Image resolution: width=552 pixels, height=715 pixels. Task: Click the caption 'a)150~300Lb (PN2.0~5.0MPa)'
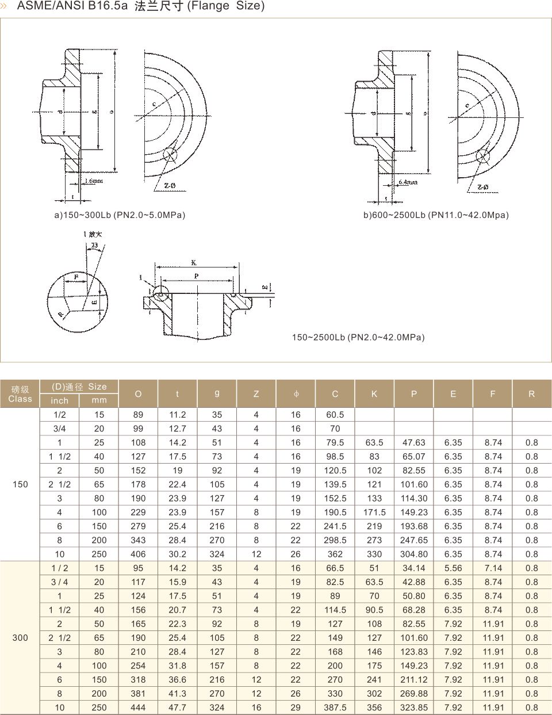120,215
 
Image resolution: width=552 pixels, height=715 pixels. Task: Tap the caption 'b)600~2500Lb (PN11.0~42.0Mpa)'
436,215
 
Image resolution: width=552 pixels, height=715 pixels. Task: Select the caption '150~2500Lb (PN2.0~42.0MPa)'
358,337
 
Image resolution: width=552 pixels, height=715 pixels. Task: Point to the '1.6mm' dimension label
94,181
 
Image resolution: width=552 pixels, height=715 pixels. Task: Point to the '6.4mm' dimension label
408,182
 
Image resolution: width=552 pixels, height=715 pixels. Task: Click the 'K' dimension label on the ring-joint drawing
194,263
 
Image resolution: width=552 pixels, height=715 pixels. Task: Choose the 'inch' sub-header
59,401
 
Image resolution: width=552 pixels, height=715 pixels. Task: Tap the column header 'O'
138,394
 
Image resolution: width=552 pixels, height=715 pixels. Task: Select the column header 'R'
531,394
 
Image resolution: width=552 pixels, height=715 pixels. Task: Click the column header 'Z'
256,394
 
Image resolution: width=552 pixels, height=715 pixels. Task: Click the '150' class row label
20,484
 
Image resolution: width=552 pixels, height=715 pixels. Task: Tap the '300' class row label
20,637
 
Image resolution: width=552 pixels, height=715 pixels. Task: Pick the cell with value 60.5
335,415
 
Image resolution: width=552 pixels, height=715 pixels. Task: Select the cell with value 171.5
374,512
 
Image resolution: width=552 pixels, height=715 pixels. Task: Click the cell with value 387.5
335,708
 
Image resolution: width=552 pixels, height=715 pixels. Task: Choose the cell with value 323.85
414,708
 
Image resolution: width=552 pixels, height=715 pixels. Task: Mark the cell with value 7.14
493,568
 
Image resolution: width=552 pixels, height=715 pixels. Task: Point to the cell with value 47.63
414,442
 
